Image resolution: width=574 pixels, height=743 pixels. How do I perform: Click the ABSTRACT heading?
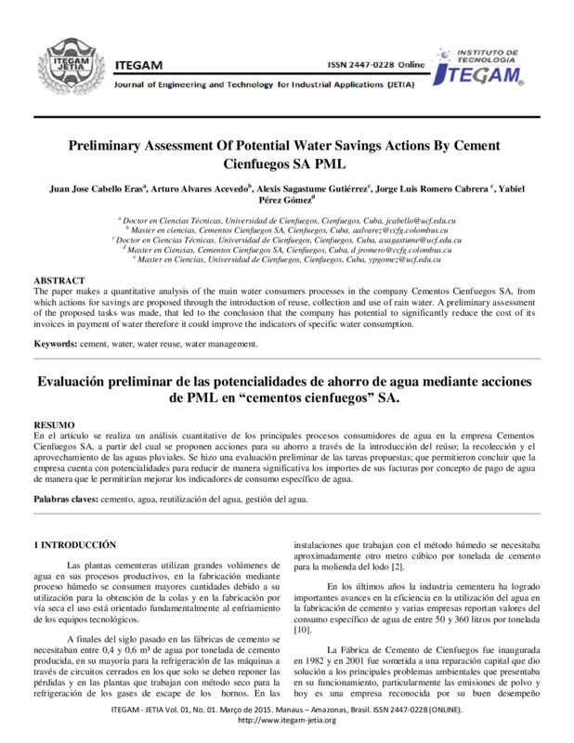[60, 280]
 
